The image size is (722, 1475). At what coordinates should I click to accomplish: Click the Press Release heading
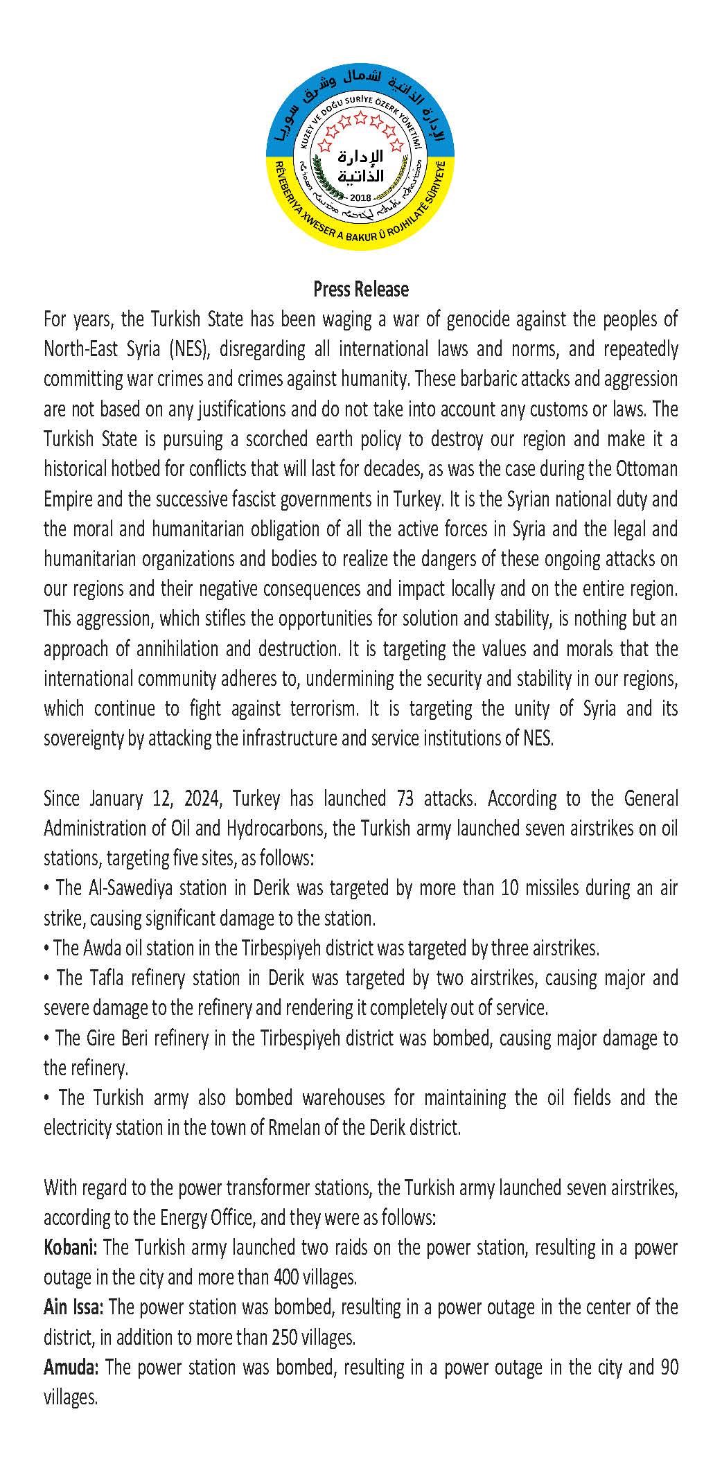(x=360, y=289)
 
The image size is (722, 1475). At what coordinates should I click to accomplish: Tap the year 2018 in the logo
(x=360, y=197)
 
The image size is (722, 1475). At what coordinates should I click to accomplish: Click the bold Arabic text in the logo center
(x=360, y=167)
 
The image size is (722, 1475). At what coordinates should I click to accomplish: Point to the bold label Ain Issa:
(x=73, y=1307)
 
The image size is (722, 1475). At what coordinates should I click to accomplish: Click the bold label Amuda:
(x=71, y=1367)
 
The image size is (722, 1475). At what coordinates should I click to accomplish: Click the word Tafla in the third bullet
(x=105, y=978)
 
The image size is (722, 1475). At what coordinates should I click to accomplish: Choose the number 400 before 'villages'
(x=288, y=1277)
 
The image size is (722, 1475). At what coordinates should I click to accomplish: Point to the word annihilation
(x=159, y=648)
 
